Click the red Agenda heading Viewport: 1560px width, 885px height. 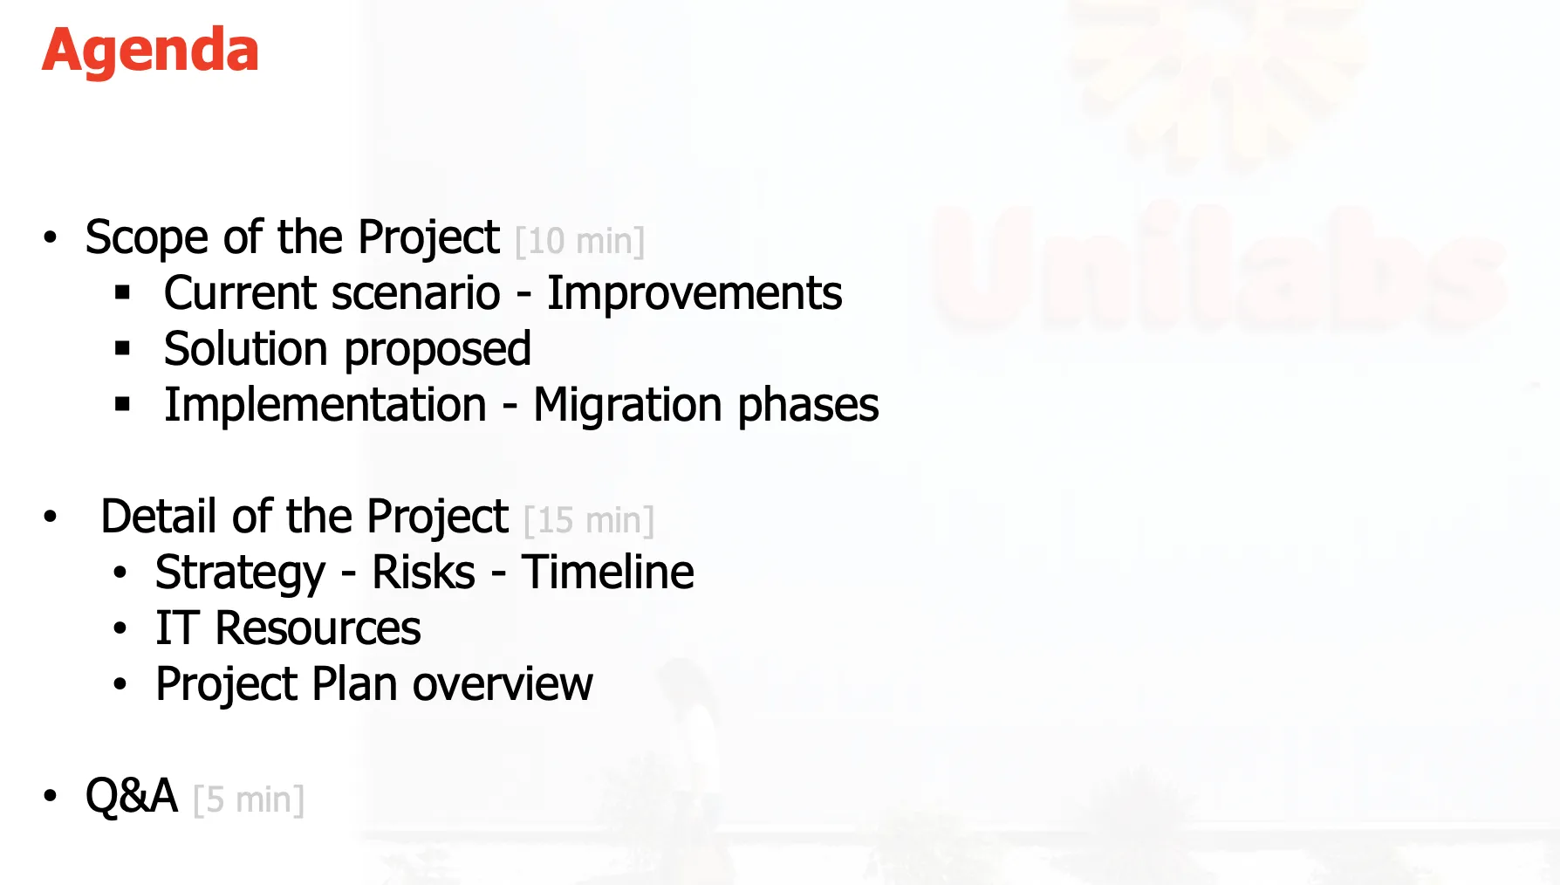(150, 51)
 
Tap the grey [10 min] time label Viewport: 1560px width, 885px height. (579, 242)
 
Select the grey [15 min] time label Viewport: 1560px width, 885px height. (589, 521)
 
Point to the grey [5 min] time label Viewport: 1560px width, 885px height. (249, 800)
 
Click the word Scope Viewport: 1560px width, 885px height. (146, 238)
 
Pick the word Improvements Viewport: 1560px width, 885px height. (694, 293)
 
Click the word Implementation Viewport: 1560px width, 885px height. (325, 405)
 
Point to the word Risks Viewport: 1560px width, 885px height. (423, 573)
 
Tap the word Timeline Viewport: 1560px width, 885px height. (607, 573)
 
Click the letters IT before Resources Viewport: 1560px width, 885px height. (176, 628)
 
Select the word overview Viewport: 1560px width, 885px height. (503, 684)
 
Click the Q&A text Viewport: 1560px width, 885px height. (131, 796)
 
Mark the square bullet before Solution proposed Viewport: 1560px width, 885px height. (122, 349)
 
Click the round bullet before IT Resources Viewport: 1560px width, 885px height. (120, 629)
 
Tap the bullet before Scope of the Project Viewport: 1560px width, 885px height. (51, 238)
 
